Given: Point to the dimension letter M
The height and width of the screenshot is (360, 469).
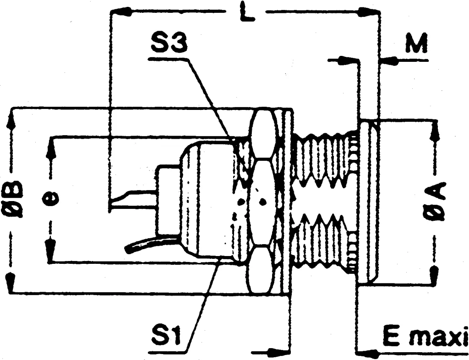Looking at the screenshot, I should point(416,45).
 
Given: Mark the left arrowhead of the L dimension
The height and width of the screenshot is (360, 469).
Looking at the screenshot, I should point(118,12).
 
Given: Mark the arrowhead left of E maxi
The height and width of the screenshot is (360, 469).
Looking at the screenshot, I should point(366,353).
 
